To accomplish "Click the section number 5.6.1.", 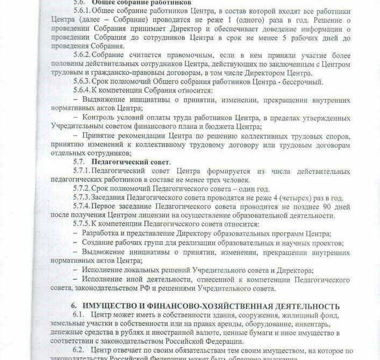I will pos(82,11).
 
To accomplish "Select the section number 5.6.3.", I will pos(82,81).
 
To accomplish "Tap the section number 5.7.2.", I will pos(82,188).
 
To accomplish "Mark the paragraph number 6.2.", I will pos(79,350).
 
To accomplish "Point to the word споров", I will pos(337,136).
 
